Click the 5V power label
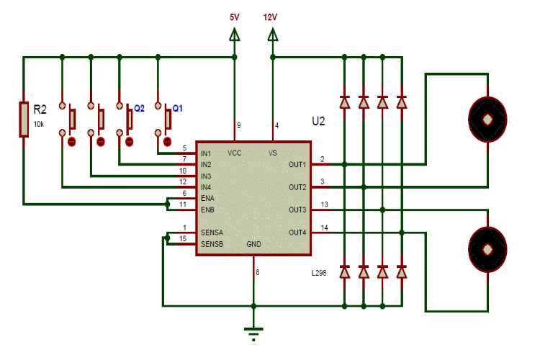pyautogui.click(x=235, y=17)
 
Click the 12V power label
pyautogui.click(x=271, y=17)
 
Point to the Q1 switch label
pyautogui.click(x=177, y=108)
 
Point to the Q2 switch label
pyautogui.click(x=139, y=108)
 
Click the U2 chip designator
pyautogui.click(x=318, y=121)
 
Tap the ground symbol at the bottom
pyautogui.click(x=253, y=332)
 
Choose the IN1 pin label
pyautogui.click(x=206, y=153)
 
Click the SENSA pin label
pyautogui.click(x=211, y=233)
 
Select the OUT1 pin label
pyautogui.click(x=297, y=164)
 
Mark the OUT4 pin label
pyautogui.click(x=297, y=233)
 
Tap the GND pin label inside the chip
pyautogui.click(x=253, y=244)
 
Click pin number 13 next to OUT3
pyautogui.click(x=324, y=204)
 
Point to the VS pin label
pyautogui.click(x=272, y=153)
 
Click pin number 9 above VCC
pyautogui.click(x=238, y=126)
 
